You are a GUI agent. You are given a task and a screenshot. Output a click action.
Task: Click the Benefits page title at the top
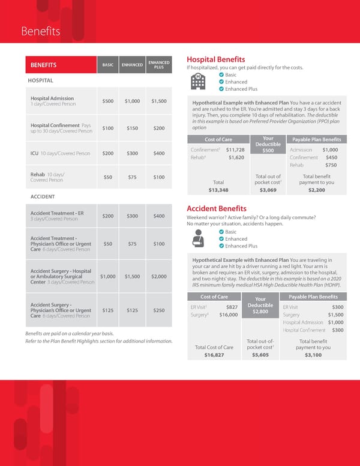tap(40, 31)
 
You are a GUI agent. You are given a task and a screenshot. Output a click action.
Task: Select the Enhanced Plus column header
tap(158, 65)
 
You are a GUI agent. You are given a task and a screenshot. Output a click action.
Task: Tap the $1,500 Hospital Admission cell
tap(158, 101)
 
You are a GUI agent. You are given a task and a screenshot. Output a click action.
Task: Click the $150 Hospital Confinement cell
tap(133, 128)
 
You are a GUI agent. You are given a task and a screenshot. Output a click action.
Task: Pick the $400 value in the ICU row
tap(158, 153)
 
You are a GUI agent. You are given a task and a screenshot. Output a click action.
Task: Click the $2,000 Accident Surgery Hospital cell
tap(158, 276)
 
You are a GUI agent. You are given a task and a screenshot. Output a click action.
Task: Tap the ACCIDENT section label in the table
tap(40, 196)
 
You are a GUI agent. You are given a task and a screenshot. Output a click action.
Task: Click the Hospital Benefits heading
tap(216, 59)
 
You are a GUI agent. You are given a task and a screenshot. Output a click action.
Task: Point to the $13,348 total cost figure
tap(218, 190)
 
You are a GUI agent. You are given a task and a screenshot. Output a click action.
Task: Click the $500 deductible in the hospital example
tap(268, 151)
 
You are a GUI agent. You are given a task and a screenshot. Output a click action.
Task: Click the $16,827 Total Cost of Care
tap(214, 355)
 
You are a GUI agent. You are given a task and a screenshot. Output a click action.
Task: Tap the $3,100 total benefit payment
tap(313, 355)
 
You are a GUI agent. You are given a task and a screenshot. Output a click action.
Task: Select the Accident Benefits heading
tap(216, 208)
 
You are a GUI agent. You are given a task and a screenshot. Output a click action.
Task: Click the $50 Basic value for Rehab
tap(107, 177)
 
